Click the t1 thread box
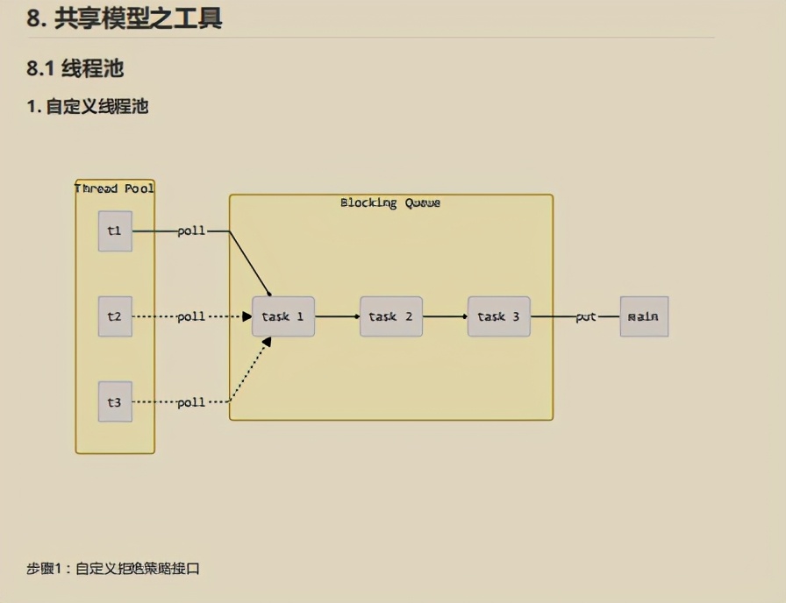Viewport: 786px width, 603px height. coord(115,231)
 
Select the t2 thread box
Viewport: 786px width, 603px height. coord(115,316)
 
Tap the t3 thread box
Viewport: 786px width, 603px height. coord(115,402)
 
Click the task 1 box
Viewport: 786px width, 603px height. coord(282,316)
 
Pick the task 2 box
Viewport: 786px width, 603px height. coord(390,316)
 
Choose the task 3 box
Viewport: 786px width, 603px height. coord(498,316)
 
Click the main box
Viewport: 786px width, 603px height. coord(644,316)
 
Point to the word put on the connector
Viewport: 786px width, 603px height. coord(586,316)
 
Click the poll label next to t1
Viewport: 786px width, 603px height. coord(191,231)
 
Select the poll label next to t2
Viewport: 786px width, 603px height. coord(191,316)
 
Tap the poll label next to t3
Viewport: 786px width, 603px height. coord(191,402)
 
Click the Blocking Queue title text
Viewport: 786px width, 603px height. coord(390,203)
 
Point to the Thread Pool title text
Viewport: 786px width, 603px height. coord(115,188)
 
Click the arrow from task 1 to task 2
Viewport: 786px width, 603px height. coord(337,316)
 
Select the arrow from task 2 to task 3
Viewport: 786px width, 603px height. coord(445,316)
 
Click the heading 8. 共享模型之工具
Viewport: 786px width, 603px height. coord(124,18)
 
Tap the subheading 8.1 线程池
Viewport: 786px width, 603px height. coord(75,68)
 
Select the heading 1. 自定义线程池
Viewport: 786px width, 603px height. coord(87,107)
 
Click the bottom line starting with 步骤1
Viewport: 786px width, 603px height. coord(113,569)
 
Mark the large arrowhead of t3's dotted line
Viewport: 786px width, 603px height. coord(266,342)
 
